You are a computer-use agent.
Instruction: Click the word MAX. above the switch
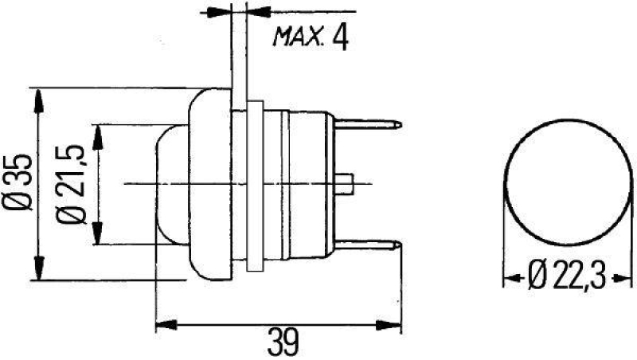coord(296,37)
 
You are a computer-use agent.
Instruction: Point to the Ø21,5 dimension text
coord(77,184)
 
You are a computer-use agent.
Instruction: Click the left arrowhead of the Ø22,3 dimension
coord(512,279)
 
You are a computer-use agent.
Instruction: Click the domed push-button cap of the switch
coord(171,184)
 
